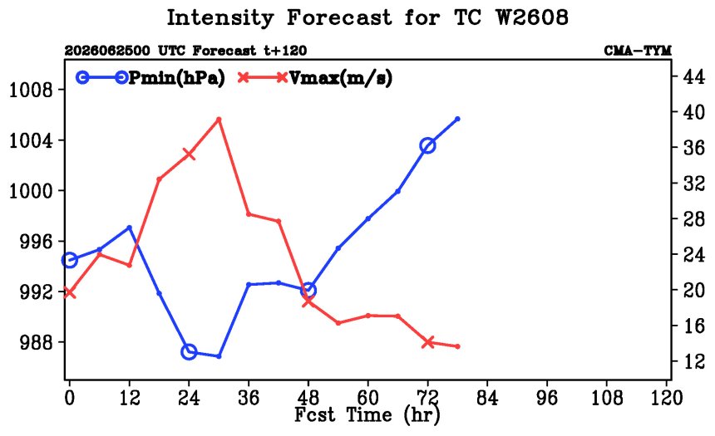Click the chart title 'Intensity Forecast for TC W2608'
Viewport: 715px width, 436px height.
pyautogui.click(x=367, y=17)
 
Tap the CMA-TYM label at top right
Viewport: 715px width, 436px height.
pyautogui.click(x=638, y=51)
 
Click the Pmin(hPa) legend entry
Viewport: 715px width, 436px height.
pyautogui.click(x=151, y=78)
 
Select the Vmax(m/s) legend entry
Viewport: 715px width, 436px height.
pyautogui.click(x=315, y=78)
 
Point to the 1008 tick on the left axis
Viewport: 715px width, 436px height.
pyautogui.click(x=31, y=90)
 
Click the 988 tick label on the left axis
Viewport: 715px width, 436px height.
pyautogui.click(x=37, y=342)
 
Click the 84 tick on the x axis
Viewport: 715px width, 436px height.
pyautogui.click(x=487, y=398)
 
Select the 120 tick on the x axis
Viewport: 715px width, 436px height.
pyautogui.click(x=666, y=398)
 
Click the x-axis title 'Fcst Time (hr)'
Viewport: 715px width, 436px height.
pyautogui.click(x=367, y=415)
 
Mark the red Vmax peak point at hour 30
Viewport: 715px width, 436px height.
pyautogui.click(x=219, y=120)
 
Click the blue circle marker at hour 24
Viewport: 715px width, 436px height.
pyautogui.click(x=189, y=352)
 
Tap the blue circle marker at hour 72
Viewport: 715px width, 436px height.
pyautogui.click(x=427, y=146)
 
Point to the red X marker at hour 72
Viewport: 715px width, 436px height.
pyautogui.click(x=427, y=342)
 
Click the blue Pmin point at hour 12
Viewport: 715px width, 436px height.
pyautogui.click(x=129, y=228)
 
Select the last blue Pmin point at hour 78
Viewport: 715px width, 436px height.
pyautogui.click(x=457, y=119)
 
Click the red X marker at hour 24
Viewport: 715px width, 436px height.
pyautogui.click(x=189, y=154)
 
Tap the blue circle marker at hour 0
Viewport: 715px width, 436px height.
pyautogui.click(x=69, y=260)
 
